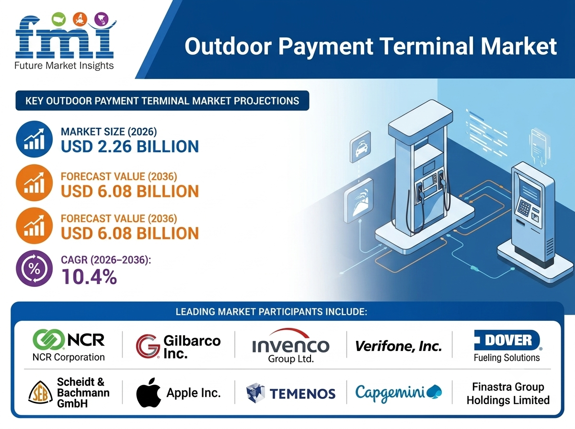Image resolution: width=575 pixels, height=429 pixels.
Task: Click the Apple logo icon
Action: coord(148,392)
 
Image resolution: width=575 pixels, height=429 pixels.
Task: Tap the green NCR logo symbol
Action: coord(48,339)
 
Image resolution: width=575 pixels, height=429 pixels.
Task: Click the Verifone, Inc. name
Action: coord(399,346)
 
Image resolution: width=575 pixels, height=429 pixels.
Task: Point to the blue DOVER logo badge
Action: coord(507,340)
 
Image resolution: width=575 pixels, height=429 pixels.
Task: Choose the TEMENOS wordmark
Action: coord(302,394)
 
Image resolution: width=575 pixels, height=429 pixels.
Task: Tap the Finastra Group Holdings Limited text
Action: coord(508,394)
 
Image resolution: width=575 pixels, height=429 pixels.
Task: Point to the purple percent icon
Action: coord(34,269)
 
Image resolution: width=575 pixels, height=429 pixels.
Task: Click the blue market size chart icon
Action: coord(34,139)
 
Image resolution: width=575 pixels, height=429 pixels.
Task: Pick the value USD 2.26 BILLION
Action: coord(130,147)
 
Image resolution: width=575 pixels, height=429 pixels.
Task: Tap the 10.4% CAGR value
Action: coord(89,277)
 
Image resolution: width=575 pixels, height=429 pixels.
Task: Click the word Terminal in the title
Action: coord(423,46)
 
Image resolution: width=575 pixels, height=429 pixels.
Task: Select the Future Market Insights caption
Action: coord(64,66)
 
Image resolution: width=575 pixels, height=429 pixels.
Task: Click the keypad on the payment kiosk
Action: coord(524,208)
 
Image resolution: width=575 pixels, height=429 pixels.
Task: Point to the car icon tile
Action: coord(360,147)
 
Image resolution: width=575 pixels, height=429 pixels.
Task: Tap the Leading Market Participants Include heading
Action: coord(271,312)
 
